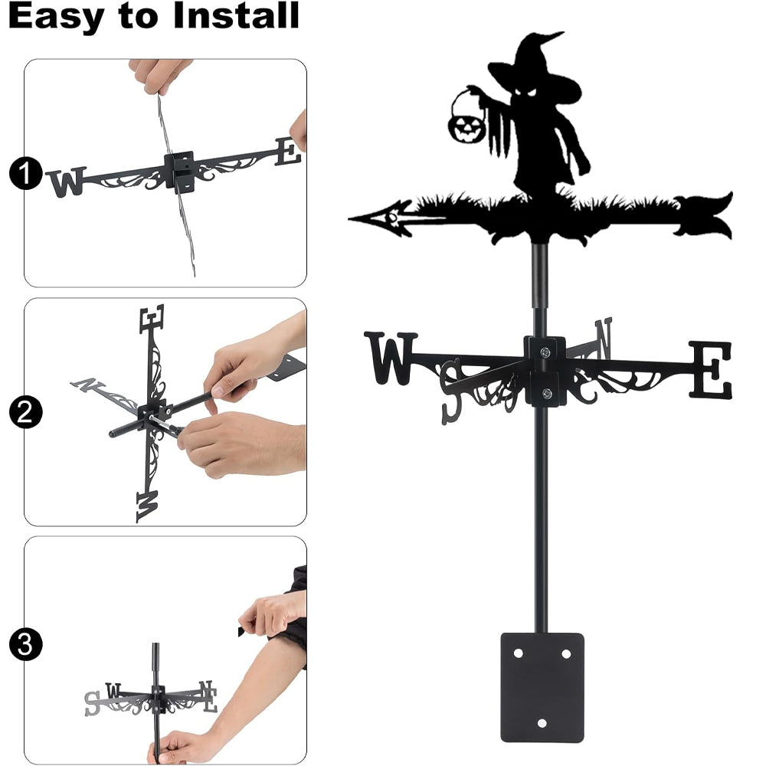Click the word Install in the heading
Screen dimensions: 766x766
pos(236,15)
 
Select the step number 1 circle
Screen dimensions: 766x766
pos(25,173)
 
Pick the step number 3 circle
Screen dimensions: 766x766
pos(25,644)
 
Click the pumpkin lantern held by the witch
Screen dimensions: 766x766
pos(467,126)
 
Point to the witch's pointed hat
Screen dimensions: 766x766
pos(535,68)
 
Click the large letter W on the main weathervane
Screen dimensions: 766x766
pos(391,358)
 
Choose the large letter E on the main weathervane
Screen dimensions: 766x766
pos(711,370)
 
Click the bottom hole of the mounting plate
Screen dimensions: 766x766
pos(542,722)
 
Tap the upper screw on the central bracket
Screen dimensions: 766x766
pos(545,352)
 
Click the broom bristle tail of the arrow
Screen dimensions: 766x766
pos(703,217)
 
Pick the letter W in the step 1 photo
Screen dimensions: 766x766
pos(67,182)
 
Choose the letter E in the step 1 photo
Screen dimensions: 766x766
pos(288,151)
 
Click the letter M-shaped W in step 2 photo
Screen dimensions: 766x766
pos(148,506)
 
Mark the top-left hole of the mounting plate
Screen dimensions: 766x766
pos(518,653)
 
